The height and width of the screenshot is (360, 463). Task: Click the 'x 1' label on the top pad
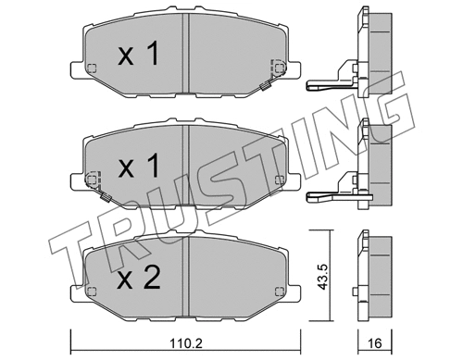[141, 55]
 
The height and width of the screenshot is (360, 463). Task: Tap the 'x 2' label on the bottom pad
[141, 276]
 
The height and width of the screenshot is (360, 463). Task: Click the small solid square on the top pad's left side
[90, 68]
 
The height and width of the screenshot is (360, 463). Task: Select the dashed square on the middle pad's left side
[91, 178]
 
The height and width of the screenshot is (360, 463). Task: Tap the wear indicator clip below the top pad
[265, 87]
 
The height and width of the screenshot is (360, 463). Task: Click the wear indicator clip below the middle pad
[106, 196]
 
